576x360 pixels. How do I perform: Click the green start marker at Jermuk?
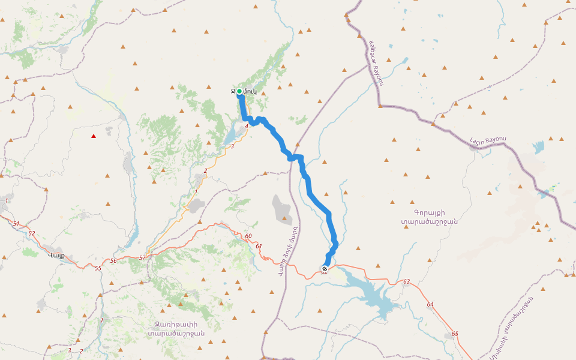click(239, 91)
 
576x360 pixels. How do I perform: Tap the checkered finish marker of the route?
click(325, 269)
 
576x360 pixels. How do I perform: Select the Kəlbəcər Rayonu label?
click(376, 63)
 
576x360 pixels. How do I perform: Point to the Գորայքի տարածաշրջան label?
click(430, 217)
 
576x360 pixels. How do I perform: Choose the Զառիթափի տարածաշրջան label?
click(176, 329)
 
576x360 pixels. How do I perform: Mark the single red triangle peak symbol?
click(93, 136)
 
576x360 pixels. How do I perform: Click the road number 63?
click(406, 281)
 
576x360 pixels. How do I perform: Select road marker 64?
click(430, 305)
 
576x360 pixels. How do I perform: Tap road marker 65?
click(455, 334)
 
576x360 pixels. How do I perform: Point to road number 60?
click(248, 236)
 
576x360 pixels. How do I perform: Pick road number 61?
click(259, 246)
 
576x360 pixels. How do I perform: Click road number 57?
click(142, 257)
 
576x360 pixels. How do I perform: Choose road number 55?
click(98, 268)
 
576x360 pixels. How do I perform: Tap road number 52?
click(32, 233)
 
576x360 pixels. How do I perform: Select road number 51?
click(16, 224)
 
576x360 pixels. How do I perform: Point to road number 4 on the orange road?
click(247, 126)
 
